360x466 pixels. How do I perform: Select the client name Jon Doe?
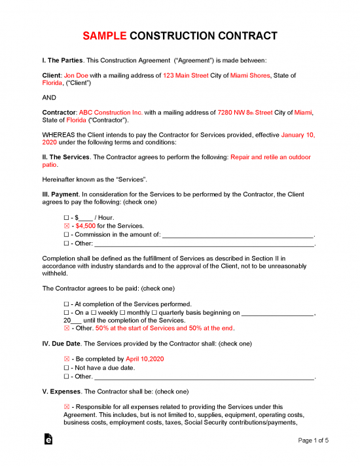(x=78, y=76)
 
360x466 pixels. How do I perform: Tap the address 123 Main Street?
(x=186, y=76)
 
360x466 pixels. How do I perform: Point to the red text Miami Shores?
(x=250, y=76)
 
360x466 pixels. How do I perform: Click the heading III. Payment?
(x=60, y=194)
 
